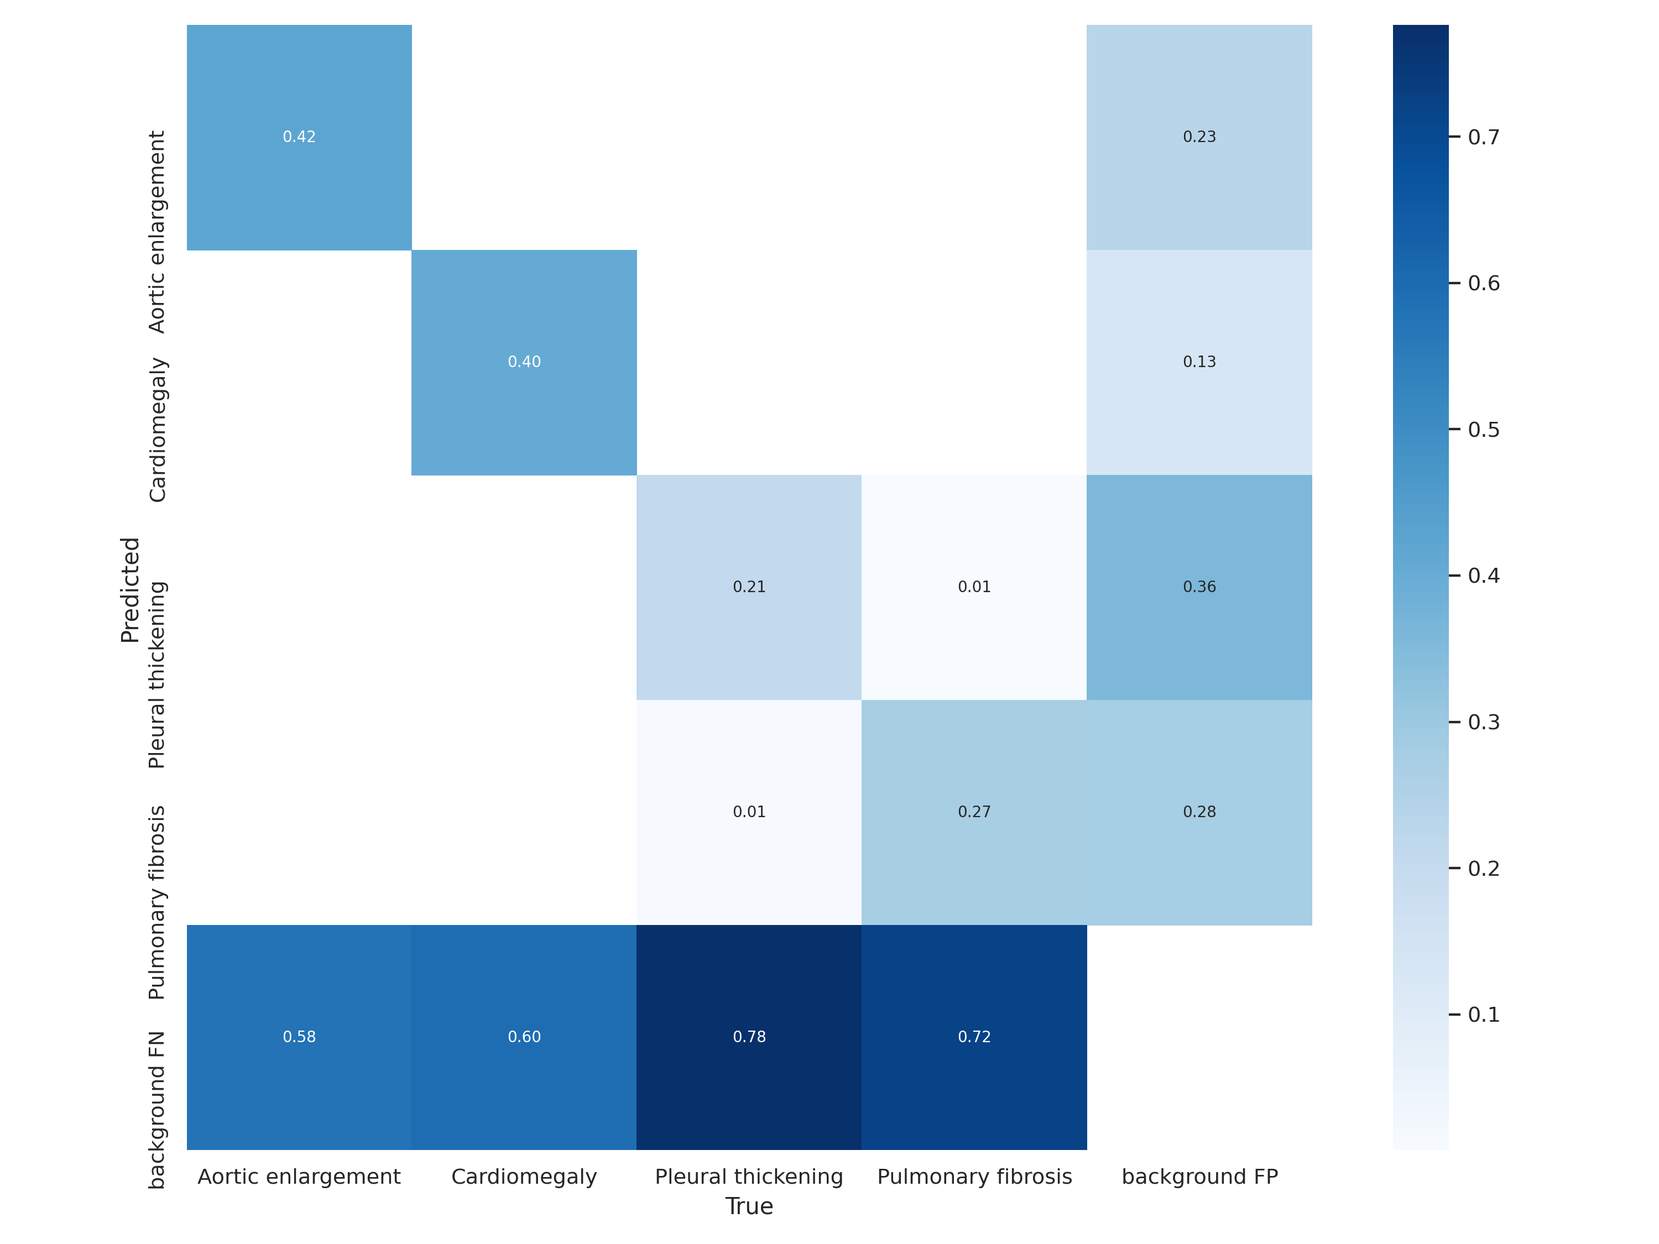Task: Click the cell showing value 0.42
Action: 299,137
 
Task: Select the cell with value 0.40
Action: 524,362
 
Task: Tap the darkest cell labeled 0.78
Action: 749,1037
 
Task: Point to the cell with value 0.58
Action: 299,1037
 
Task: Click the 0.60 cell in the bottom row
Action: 524,1037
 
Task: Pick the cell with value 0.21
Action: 749,587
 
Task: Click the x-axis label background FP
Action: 1199,1177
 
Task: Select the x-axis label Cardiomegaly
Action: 524,1177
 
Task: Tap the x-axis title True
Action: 749,1206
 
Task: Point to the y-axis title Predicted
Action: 131,589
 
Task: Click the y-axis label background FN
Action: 156,1110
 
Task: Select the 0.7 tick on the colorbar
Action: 1483,137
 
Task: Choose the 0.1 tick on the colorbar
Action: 1483,1015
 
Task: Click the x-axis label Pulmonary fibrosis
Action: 974,1177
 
